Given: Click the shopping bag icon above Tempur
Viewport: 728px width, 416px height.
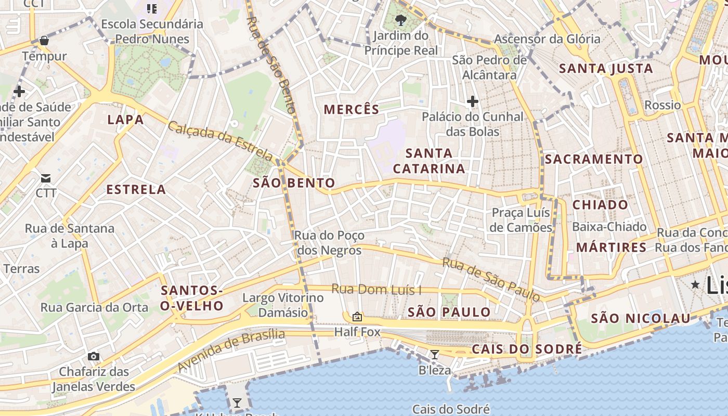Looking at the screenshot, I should pyautogui.click(x=44, y=40).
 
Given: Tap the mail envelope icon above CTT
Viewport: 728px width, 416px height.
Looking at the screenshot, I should pyautogui.click(x=46, y=178).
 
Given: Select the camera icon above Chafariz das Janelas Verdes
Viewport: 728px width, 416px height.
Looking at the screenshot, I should pyautogui.click(x=94, y=356).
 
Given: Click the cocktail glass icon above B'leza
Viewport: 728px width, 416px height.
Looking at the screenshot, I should pyautogui.click(x=435, y=355).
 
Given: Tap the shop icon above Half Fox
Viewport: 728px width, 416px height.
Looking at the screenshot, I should pyautogui.click(x=357, y=316).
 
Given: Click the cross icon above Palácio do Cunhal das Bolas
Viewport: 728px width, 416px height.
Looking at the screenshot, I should pyautogui.click(x=473, y=101).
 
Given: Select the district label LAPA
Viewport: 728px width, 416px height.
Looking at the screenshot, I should pyautogui.click(x=125, y=120).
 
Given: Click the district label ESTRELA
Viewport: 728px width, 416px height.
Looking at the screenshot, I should pyautogui.click(x=136, y=189).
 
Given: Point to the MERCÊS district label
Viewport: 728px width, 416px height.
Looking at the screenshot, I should pyautogui.click(x=352, y=109).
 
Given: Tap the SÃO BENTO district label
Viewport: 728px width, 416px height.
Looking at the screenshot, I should pyautogui.click(x=294, y=183).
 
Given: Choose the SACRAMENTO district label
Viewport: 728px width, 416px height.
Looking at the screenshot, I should pyautogui.click(x=594, y=159).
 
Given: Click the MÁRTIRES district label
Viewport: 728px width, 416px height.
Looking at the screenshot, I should pyautogui.click(x=611, y=247).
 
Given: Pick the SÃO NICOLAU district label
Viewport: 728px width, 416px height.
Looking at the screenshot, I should pyautogui.click(x=641, y=318).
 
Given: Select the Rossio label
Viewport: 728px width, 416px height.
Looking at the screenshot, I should pyautogui.click(x=662, y=105).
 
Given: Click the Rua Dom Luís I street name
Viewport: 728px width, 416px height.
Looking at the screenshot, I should pyautogui.click(x=376, y=289).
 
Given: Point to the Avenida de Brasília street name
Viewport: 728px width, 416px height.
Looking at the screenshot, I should pyautogui.click(x=231, y=349).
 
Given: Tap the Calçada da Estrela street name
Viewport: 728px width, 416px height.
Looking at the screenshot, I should pyautogui.click(x=220, y=140).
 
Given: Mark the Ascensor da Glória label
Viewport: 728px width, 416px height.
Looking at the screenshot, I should pyautogui.click(x=547, y=39).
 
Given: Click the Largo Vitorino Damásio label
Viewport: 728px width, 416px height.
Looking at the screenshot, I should pyautogui.click(x=283, y=305).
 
